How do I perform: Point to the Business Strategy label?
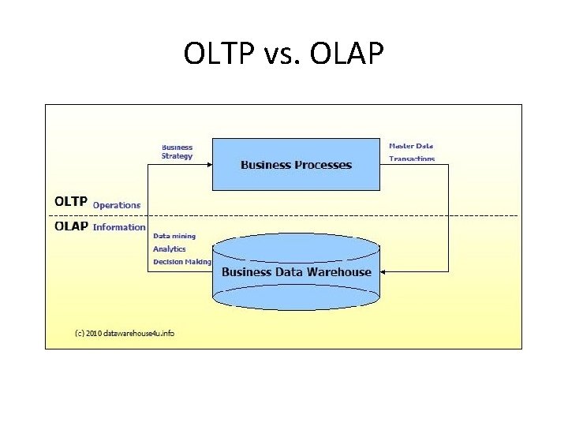coord(177,151)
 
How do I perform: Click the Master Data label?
coord(411,146)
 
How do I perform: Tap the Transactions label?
coord(411,159)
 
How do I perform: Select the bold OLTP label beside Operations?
coord(71,202)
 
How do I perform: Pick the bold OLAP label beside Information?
coord(71,226)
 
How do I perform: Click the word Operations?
coord(117,205)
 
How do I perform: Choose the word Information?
coord(119,227)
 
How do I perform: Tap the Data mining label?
coord(174,236)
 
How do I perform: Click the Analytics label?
coord(170,249)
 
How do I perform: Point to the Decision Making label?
coord(182,262)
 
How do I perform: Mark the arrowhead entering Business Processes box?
coord(209,165)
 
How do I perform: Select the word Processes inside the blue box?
coord(323,165)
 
